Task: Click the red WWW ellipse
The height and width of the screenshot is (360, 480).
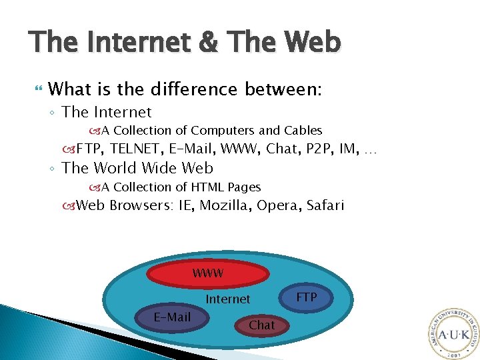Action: point(208,273)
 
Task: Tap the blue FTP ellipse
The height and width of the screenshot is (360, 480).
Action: point(307,297)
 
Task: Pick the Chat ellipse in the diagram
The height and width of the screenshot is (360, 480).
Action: point(261,325)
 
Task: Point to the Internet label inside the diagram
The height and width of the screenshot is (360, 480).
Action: point(228,299)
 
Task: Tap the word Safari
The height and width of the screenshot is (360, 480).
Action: point(325,205)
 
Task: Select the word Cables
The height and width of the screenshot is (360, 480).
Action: point(303,131)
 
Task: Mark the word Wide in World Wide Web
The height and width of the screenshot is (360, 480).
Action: point(154,168)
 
